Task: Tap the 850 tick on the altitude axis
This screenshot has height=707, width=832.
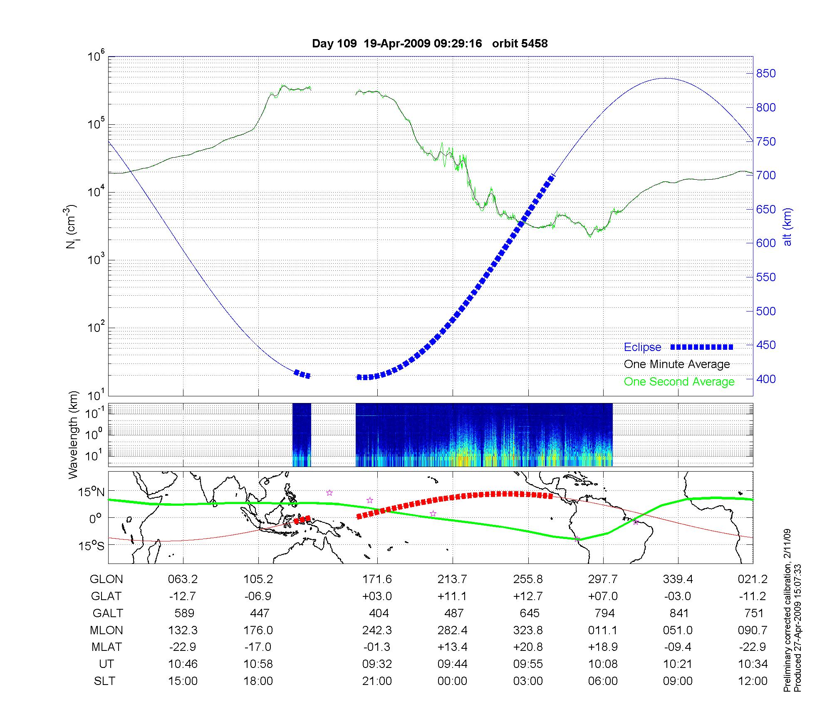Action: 766,74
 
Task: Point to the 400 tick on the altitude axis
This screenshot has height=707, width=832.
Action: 766,379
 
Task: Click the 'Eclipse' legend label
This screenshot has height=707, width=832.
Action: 642,347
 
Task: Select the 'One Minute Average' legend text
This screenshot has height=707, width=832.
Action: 677,364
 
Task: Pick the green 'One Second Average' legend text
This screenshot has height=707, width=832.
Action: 679,382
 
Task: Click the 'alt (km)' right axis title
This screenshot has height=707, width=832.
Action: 788,227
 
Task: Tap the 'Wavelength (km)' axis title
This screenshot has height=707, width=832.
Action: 73,435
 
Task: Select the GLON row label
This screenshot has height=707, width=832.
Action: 106,579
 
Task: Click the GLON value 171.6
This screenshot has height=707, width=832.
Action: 377,579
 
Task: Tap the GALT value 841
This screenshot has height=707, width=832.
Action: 678,613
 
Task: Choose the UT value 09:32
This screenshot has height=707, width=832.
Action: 377,664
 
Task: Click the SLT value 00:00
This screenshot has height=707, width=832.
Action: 452,681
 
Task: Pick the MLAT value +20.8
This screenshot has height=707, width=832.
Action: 528,647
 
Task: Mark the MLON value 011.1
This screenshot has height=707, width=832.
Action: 603,630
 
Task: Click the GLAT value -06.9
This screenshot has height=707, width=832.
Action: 258,596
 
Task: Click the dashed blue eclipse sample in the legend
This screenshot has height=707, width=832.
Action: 701,347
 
